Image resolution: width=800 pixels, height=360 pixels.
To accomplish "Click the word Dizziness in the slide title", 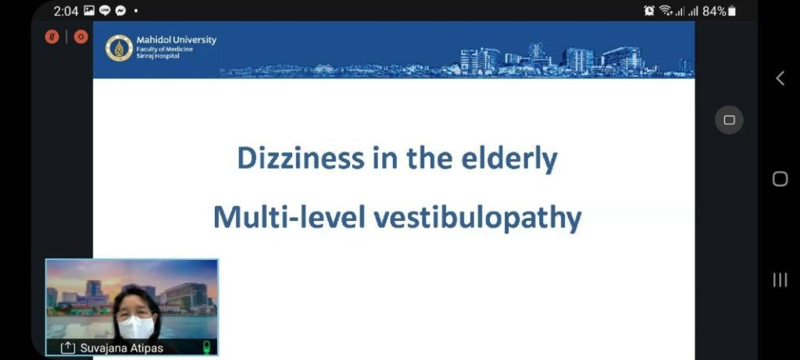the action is click(x=301, y=159).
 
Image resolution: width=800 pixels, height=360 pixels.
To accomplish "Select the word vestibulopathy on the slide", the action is click(x=477, y=218).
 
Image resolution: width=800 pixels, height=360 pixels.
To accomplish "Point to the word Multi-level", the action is click(x=289, y=217).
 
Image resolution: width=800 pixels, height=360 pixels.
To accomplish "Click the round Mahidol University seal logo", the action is click(x=119, y=48).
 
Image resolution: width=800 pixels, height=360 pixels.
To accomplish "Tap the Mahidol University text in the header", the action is click(x=176, y=40).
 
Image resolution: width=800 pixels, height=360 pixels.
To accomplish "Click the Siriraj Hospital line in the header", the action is click(x=158, y=56).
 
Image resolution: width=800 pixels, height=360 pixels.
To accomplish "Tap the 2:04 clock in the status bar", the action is click(x=66, y=11).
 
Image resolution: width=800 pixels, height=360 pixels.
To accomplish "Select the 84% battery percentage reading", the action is click(x=714, y=11).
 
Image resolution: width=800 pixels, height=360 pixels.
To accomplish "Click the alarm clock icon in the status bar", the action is click(x=649, y=11).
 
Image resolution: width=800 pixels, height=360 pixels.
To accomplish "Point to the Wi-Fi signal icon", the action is click(x=666, y=11).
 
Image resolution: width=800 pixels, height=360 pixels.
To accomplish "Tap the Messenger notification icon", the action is click(x=120, y=11).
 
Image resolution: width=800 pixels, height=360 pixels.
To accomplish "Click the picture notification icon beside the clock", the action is click(x=89, y=11).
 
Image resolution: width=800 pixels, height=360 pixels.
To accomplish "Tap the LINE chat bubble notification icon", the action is click(x=105, y=11).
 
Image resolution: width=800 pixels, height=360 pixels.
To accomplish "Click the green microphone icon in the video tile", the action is click(x=206, y=348).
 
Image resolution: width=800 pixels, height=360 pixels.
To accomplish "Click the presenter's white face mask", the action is click(x=136, y=327).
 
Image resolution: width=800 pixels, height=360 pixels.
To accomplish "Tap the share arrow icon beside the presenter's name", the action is click(x=68, y=348).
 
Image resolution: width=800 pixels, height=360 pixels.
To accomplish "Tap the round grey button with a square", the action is click(x=729, y=120).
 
